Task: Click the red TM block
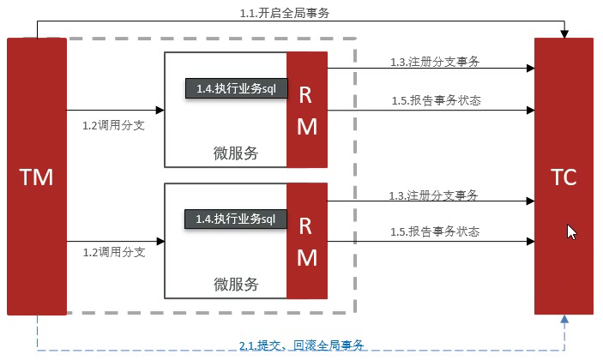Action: (36, 177)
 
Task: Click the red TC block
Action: (564, 177)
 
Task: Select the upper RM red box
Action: (306, 110)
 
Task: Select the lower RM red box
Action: (306, 241)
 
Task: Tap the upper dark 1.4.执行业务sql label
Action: (236, 87)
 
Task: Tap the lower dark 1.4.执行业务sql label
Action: (236, 219)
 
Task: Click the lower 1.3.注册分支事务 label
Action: (433, 195)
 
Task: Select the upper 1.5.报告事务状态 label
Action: (436, 100)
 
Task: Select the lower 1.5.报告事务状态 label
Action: (436, 231)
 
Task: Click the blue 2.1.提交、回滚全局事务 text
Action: (302, 345)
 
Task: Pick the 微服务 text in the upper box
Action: (236, 153)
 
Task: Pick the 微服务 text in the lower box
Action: (236, 284)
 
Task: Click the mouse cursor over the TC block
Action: (571, 231)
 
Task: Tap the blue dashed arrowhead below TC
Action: (564, 319)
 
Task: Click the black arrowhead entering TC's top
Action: (564, 33)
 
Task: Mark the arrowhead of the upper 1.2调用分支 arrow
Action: (160, 110)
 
